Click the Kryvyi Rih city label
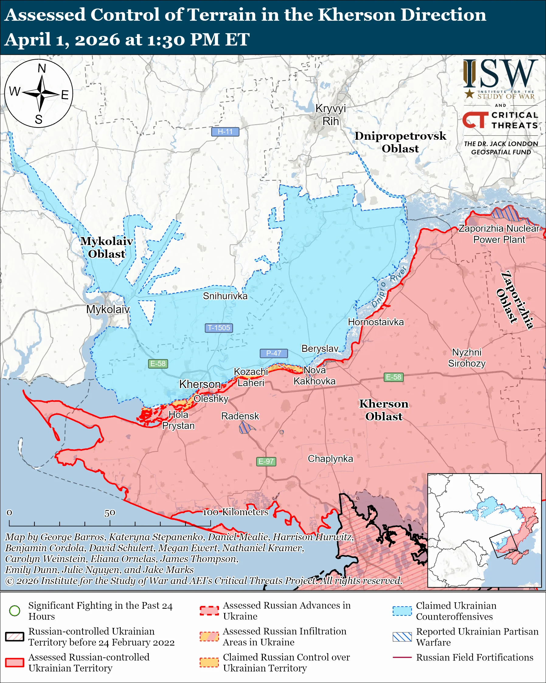point(330,115)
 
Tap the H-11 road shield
point(225,131)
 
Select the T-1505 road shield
point(219,327)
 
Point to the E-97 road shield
point(266,461)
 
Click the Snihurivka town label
point(225,296)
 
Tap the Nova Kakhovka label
point(314,375)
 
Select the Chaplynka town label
point(330,458)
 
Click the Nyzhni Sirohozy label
point(467,358)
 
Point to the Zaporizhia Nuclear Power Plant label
point(499,234)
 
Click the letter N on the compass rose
point(42,68)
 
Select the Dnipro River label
point(389,287)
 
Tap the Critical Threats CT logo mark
point(475,119)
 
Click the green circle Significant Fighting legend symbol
point(15,611)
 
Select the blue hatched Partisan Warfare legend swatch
point(402,637)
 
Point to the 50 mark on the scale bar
point(110,513)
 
